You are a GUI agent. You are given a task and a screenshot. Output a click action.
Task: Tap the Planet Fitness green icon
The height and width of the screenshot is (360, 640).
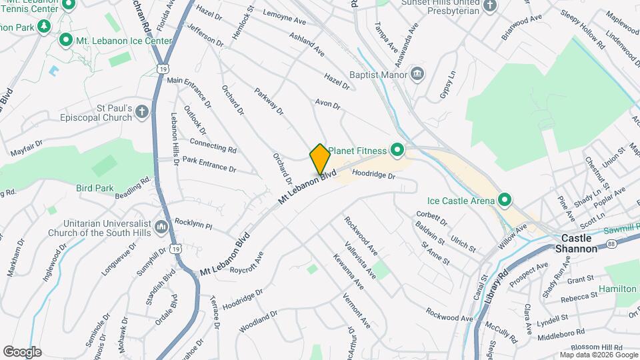click(398, 151)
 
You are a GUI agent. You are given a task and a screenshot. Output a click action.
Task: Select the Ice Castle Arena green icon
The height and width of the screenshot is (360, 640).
click(505, 199)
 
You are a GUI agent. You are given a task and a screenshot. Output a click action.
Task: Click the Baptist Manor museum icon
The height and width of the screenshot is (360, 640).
click(417, 73)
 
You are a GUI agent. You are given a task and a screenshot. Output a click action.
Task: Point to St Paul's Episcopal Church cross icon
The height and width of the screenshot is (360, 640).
click(141, 111)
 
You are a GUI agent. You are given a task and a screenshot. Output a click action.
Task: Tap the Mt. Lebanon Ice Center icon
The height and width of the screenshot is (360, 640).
click(66, 41)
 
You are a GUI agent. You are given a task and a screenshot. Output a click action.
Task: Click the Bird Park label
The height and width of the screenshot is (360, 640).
click(95, 189)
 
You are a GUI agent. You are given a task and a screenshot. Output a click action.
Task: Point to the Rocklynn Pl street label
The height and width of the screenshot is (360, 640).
click(193, 224)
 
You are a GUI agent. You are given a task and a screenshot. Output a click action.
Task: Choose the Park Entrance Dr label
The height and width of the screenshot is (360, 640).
click(209, 164)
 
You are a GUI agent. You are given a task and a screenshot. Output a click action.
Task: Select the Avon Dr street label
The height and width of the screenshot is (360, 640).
click(328, 105)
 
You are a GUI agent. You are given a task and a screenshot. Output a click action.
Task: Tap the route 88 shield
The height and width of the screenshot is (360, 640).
click(611, 245)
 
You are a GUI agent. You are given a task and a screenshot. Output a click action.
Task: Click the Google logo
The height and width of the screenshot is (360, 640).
click(22, 351)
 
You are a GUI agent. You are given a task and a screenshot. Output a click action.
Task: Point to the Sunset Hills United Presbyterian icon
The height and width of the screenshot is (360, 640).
click(490, 7)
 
